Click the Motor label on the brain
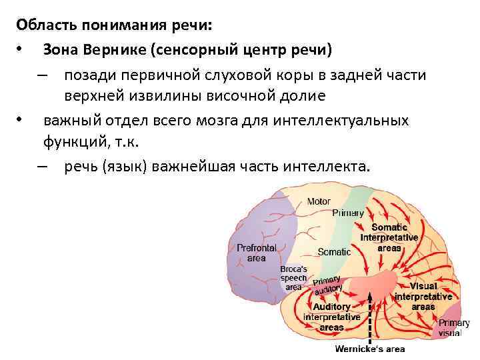[319, 201]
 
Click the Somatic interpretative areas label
[389, 237]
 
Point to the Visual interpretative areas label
[423, 296]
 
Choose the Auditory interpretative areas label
[332, 317]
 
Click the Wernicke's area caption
[369, 349]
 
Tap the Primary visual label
[453, 327]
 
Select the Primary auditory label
[327, 285]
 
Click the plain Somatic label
[334, 252]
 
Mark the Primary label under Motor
[348, 213]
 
